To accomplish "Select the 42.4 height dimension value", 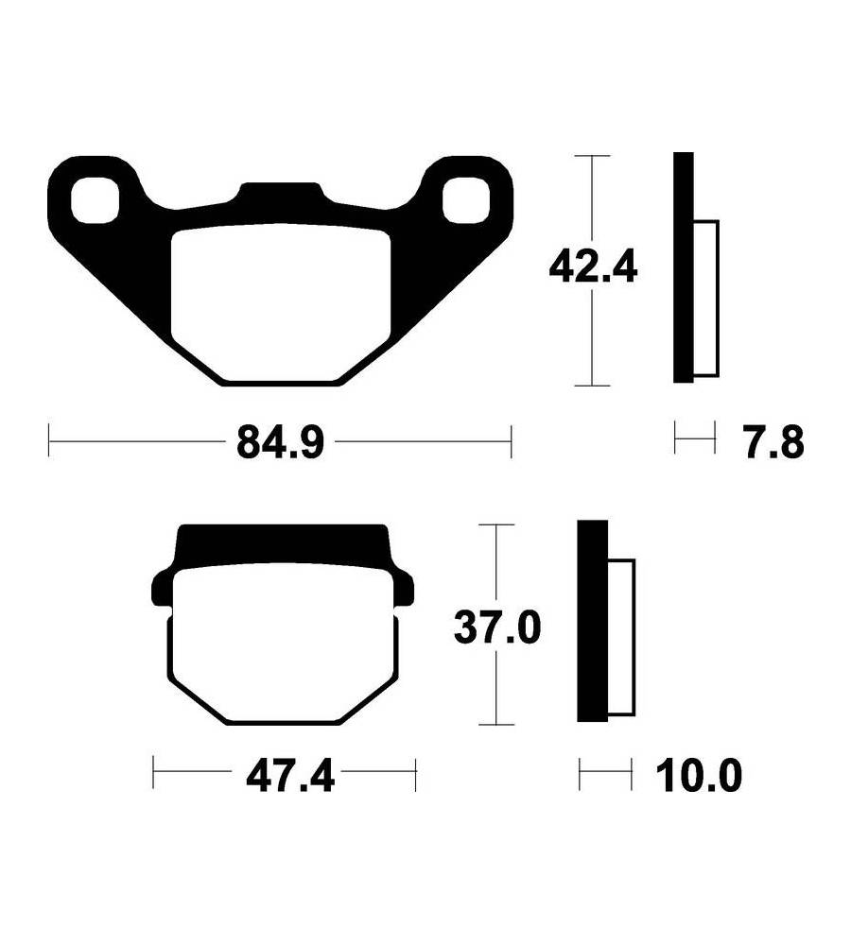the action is tap(592, 268).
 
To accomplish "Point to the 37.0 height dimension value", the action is tap(496, 627).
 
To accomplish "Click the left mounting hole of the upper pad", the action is tap(95, 198).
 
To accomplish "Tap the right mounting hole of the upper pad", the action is tap(465, 198).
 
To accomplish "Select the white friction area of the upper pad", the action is tap(281, 302).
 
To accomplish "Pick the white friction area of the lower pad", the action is tap(284, 643).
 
